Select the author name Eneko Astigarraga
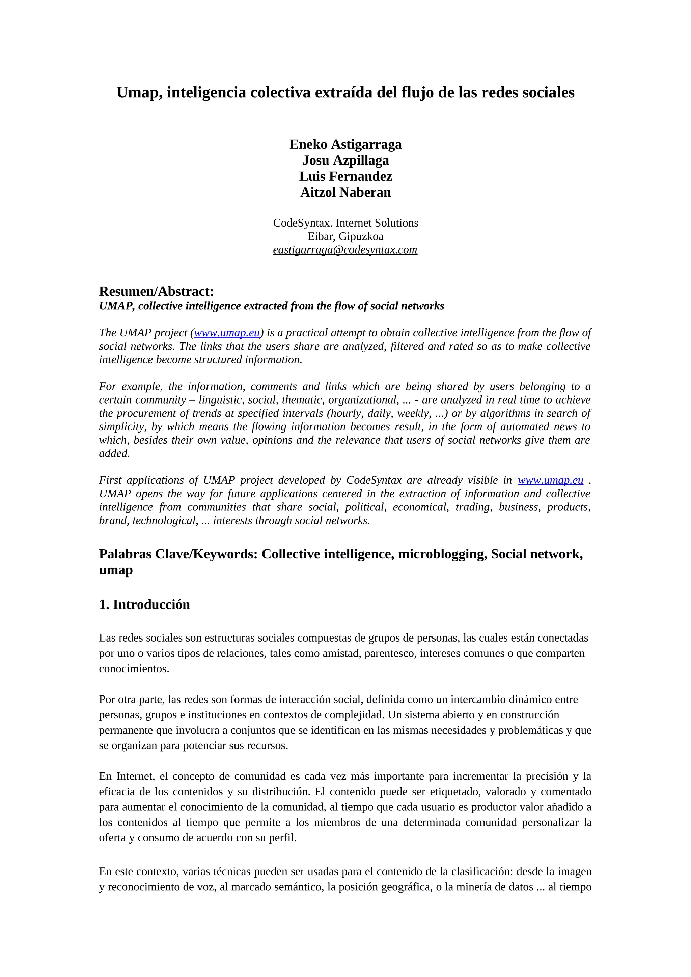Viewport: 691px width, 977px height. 345,144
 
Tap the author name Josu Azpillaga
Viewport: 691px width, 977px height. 345,160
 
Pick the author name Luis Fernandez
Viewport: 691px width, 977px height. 345,176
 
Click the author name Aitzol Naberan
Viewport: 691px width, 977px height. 345,193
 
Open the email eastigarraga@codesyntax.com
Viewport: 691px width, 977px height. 345,250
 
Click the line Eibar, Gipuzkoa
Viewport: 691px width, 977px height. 345,236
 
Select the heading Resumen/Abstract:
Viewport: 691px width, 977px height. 156,292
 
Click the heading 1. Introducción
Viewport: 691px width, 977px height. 144,605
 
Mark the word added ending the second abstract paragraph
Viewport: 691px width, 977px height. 114,454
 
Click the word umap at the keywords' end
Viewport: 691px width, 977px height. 116,570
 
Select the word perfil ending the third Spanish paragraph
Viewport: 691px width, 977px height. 282,838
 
